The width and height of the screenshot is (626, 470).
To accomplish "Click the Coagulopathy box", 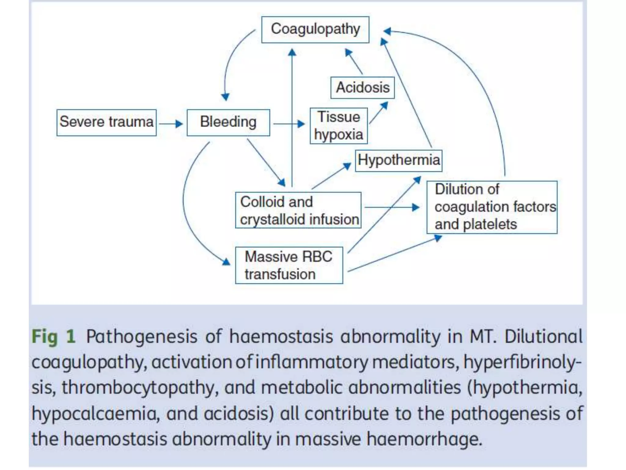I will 315,29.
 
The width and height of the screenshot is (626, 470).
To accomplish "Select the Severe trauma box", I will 106,122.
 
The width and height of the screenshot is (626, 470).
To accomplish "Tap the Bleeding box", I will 228,122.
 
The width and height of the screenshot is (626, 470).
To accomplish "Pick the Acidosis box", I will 363,88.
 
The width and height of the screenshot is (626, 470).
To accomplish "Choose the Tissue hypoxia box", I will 339,126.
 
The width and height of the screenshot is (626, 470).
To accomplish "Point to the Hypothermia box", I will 399,160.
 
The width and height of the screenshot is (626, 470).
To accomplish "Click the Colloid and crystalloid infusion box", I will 298,210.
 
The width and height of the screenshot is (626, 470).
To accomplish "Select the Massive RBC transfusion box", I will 289,265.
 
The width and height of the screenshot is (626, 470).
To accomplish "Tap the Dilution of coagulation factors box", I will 492,207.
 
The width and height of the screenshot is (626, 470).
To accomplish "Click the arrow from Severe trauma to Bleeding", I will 171,124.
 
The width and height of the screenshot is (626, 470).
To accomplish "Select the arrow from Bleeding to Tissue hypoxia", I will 289,124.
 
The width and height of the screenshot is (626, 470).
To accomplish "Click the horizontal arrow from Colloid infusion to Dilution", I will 392,207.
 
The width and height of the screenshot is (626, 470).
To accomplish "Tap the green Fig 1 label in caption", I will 54,337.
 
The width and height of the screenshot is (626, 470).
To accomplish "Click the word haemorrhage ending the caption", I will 424,439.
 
